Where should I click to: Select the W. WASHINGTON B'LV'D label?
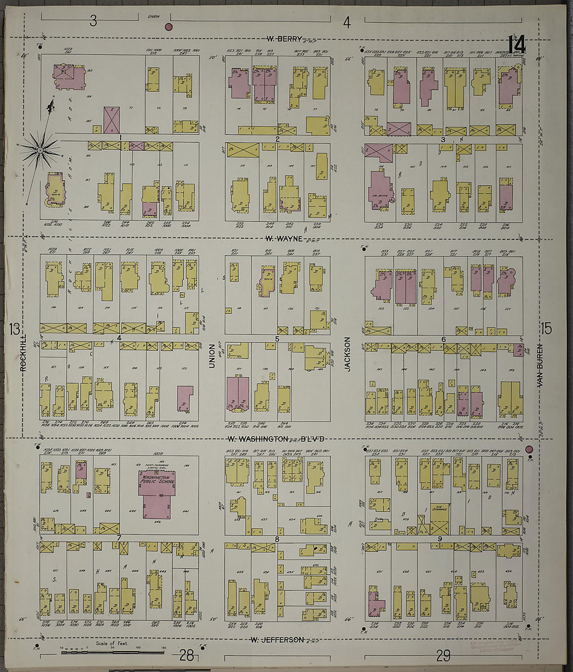[276, 439]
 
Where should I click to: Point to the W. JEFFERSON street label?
[277, 639]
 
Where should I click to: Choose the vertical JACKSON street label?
[347, 354]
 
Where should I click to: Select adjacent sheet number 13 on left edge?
[14, 328]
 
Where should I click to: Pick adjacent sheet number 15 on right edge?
[545, 328]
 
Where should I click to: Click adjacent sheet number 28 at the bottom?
[186, 655]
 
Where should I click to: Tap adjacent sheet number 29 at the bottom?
[443, 655]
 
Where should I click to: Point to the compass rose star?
[40, 150]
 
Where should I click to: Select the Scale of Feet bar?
[112, 651]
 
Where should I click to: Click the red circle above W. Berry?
[168, 27]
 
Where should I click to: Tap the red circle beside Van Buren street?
[530, 449]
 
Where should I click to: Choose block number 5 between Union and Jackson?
[277, 339]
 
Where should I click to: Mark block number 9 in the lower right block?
[440, 539]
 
